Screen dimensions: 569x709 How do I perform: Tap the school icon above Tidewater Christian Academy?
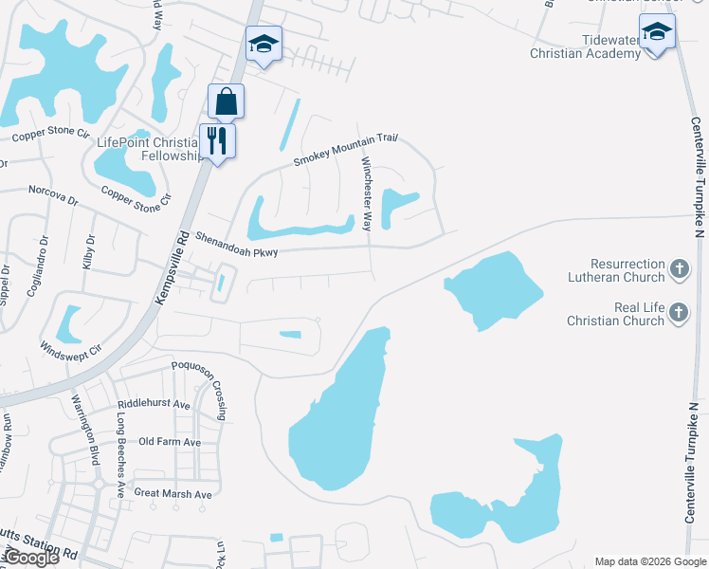[x=657, y=32]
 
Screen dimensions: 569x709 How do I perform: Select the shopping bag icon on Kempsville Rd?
[x=227, y=101]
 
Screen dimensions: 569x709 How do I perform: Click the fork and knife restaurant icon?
[x=217, y=141]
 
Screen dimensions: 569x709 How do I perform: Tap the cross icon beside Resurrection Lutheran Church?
[x=679, y=270]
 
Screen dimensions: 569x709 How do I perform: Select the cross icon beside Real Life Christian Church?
[x=679, y=313]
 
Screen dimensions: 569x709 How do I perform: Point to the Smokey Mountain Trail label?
[x=343, y=150]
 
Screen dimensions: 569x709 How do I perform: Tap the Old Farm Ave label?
[x=170, y=442]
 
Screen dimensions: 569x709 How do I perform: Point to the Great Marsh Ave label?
[x=173, y=493]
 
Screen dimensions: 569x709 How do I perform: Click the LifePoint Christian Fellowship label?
[x=152, y=149]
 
